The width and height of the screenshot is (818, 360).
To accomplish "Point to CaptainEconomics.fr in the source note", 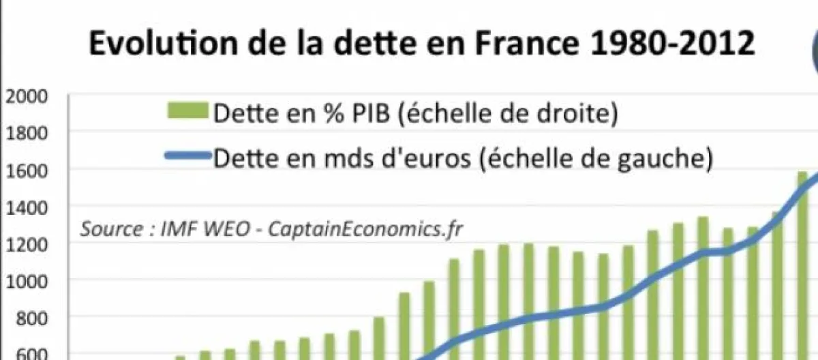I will coord(365,228).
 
